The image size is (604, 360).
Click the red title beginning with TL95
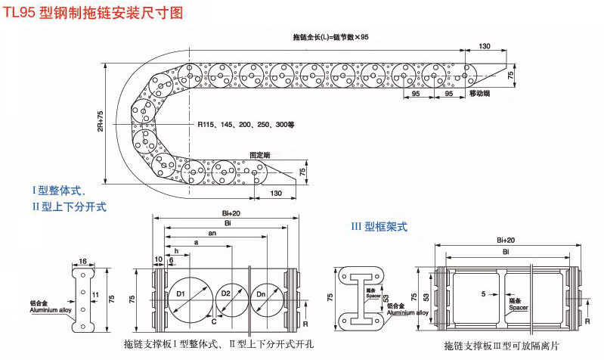tap(94, 13)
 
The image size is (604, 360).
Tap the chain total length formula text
tap(330, 37)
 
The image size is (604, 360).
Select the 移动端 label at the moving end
tap(479, 93)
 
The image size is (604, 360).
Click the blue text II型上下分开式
tap(69, 205)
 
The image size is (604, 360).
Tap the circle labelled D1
tap(181, 293)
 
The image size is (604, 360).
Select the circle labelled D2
tap(226, 293)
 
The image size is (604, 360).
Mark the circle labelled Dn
tap(262, 293)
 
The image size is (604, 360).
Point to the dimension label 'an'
tap(212, 234)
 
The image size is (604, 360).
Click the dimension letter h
tap(176, 250)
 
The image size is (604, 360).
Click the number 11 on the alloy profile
tap(94, 293)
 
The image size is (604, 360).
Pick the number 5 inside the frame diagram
tap(483, 292)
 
